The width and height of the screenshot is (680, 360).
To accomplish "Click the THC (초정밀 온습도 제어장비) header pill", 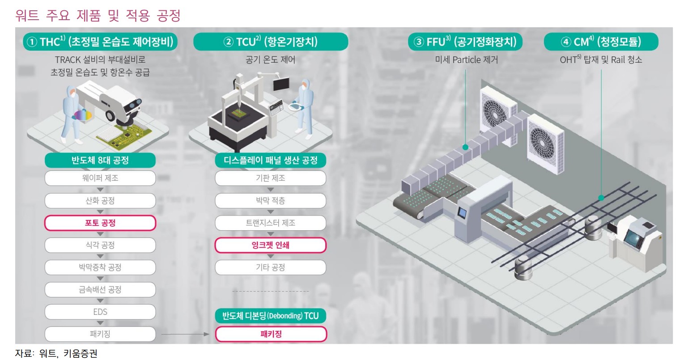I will tap(100, 42).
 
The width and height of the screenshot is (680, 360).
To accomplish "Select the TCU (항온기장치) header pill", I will tap(270, 42).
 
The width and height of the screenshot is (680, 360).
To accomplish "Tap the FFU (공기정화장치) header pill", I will tap(465, 42).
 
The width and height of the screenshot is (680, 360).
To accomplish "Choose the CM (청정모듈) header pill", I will tap(601, 42).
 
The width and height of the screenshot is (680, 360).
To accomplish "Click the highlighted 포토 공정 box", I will tap(100, 223).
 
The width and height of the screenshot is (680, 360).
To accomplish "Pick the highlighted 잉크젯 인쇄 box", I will tap(270, 245).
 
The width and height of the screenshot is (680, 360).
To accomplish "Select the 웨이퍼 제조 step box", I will tap(100, 178).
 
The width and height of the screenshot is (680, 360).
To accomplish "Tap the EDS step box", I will tap(100, 312).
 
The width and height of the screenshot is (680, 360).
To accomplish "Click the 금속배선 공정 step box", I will tap(100, 289).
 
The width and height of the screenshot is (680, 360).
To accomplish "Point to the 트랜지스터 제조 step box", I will tap(270, 223).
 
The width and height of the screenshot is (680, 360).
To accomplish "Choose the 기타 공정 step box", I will tap(270, 267).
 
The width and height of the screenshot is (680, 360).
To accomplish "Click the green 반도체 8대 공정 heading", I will tap(100, 160).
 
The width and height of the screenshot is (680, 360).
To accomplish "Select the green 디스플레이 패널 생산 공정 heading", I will tap(270, 160).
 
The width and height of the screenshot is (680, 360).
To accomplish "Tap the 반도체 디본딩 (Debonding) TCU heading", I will tap(270, 316).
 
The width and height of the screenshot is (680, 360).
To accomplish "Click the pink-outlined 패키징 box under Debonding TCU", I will tap(270, 334).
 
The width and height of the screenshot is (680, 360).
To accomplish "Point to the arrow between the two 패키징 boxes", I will tap(185, 334).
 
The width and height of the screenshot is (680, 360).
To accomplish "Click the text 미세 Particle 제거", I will tap(466, 59).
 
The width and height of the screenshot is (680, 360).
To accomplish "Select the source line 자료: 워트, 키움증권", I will tap(56, 354).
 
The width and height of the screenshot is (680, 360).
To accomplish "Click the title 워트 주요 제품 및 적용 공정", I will tap(98, 16).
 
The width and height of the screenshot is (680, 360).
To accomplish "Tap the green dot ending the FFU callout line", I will tap(466, 147).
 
